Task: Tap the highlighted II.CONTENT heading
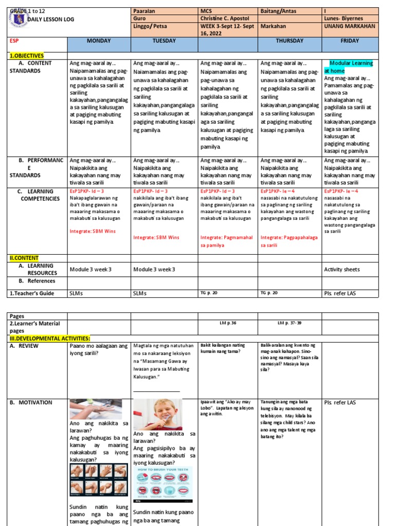(x=24, y=258)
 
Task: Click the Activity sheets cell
(x=342, y=269)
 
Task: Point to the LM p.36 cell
(x=227, y=323)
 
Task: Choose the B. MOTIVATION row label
(x=34, y=402)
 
